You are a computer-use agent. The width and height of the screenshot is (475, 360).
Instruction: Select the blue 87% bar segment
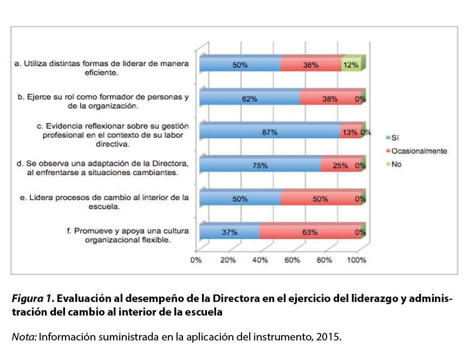pyautogui.click(x=270, y=132)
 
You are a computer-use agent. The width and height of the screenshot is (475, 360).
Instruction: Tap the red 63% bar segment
pyautogui.click(x=310, y=232)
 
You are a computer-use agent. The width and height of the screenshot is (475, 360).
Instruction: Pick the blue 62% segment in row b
pyautogui.click(x=249, y=99)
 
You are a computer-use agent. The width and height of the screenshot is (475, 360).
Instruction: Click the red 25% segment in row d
pyautogui.click(x=340, y=166)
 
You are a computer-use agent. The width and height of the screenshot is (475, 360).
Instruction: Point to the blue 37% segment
pyautogui.click(x=230, y=232)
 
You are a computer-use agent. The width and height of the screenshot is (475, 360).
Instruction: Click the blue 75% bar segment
pyautogui.click(x=260, y=166)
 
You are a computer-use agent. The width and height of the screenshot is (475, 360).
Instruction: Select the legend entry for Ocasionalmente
pyautogui.click(x=417, y=151)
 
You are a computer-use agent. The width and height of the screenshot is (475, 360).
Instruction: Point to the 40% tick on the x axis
pyautogui.click(x=260, y=260)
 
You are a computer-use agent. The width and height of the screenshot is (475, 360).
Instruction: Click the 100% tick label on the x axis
pyautogui.click(x=356, y=260)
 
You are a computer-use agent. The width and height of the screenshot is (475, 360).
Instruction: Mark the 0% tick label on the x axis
pyautogui.click(x=196, y=260)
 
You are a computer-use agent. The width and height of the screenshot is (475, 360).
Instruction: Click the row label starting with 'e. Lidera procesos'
pyautogui.click(x=104, y=202)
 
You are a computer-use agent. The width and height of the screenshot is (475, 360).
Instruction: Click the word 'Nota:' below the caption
pyautogui.click(x=24, y=337)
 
